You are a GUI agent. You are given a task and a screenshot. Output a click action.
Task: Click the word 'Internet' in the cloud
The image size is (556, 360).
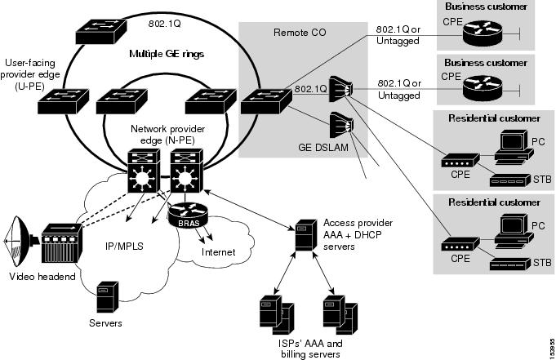click(218, 252)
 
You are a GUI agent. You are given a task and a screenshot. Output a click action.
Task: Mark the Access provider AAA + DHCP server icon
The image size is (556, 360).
click(303, 233)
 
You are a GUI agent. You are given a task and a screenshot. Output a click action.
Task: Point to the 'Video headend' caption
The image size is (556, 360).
click(41, 277)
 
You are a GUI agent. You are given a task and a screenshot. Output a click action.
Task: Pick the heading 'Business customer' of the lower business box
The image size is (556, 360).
click(485, 62)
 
